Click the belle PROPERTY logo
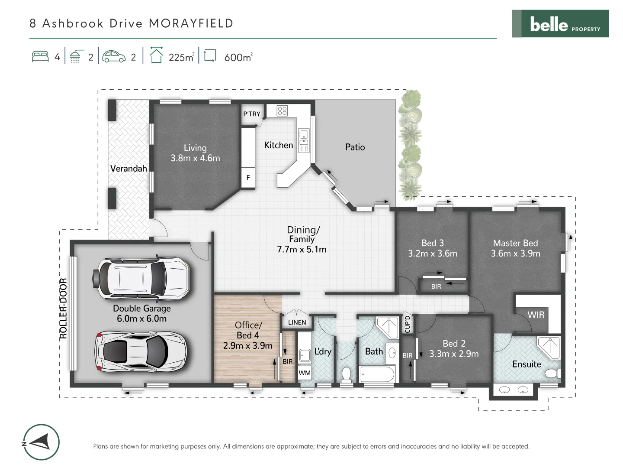pyautogui.click(x=560, y=24)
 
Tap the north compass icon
pyautogui.click(x=41, y=442)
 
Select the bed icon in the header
pyautogui.click(x=40, y=57)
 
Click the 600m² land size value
pyautogui.click(x=238, y=57)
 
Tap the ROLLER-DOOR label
pyautogui.click(x=64, y=308)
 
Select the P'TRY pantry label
pyautogui.click(x=252, y=114)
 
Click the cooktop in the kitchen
pyautogui.click(x=282, y=110)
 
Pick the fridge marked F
pyautogui.click(x=248, y=178)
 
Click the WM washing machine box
pyautogui.click(x=305, y=373)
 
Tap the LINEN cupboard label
pyautogui.click(x=297, y=322)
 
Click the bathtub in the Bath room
pyautogui.click(x=377, y=374)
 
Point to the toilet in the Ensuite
pyautogui.click(x=552, y=374)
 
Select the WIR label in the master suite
pyautogui.click(x=536, y=315)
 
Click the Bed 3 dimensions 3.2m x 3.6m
pyautogui.click(x=433, y=253)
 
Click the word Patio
pyautogui.click(x=355, y=147)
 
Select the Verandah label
pyautogui.click(x=128, y=169)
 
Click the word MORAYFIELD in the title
pyautogui.click(x=191, y=23)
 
